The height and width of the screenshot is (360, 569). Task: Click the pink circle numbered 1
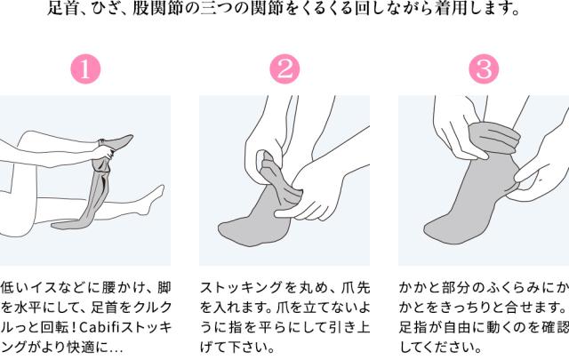(x=85, y=69)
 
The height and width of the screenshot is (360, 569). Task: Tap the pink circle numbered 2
(x=284, y=69)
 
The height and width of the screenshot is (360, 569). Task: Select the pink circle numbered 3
(x=484, y=69)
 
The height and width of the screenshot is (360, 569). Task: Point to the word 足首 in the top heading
(x=60, y=8)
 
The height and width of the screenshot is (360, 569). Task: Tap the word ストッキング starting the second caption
(x=241, y=288)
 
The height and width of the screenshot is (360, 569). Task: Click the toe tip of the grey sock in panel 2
(x=221, y=229)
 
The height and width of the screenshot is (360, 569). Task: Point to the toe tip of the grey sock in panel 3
(x=428, y=228)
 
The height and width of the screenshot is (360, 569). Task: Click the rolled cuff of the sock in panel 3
(x=494, y=138)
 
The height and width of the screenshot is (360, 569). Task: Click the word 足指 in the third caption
(x=413, y=328)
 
